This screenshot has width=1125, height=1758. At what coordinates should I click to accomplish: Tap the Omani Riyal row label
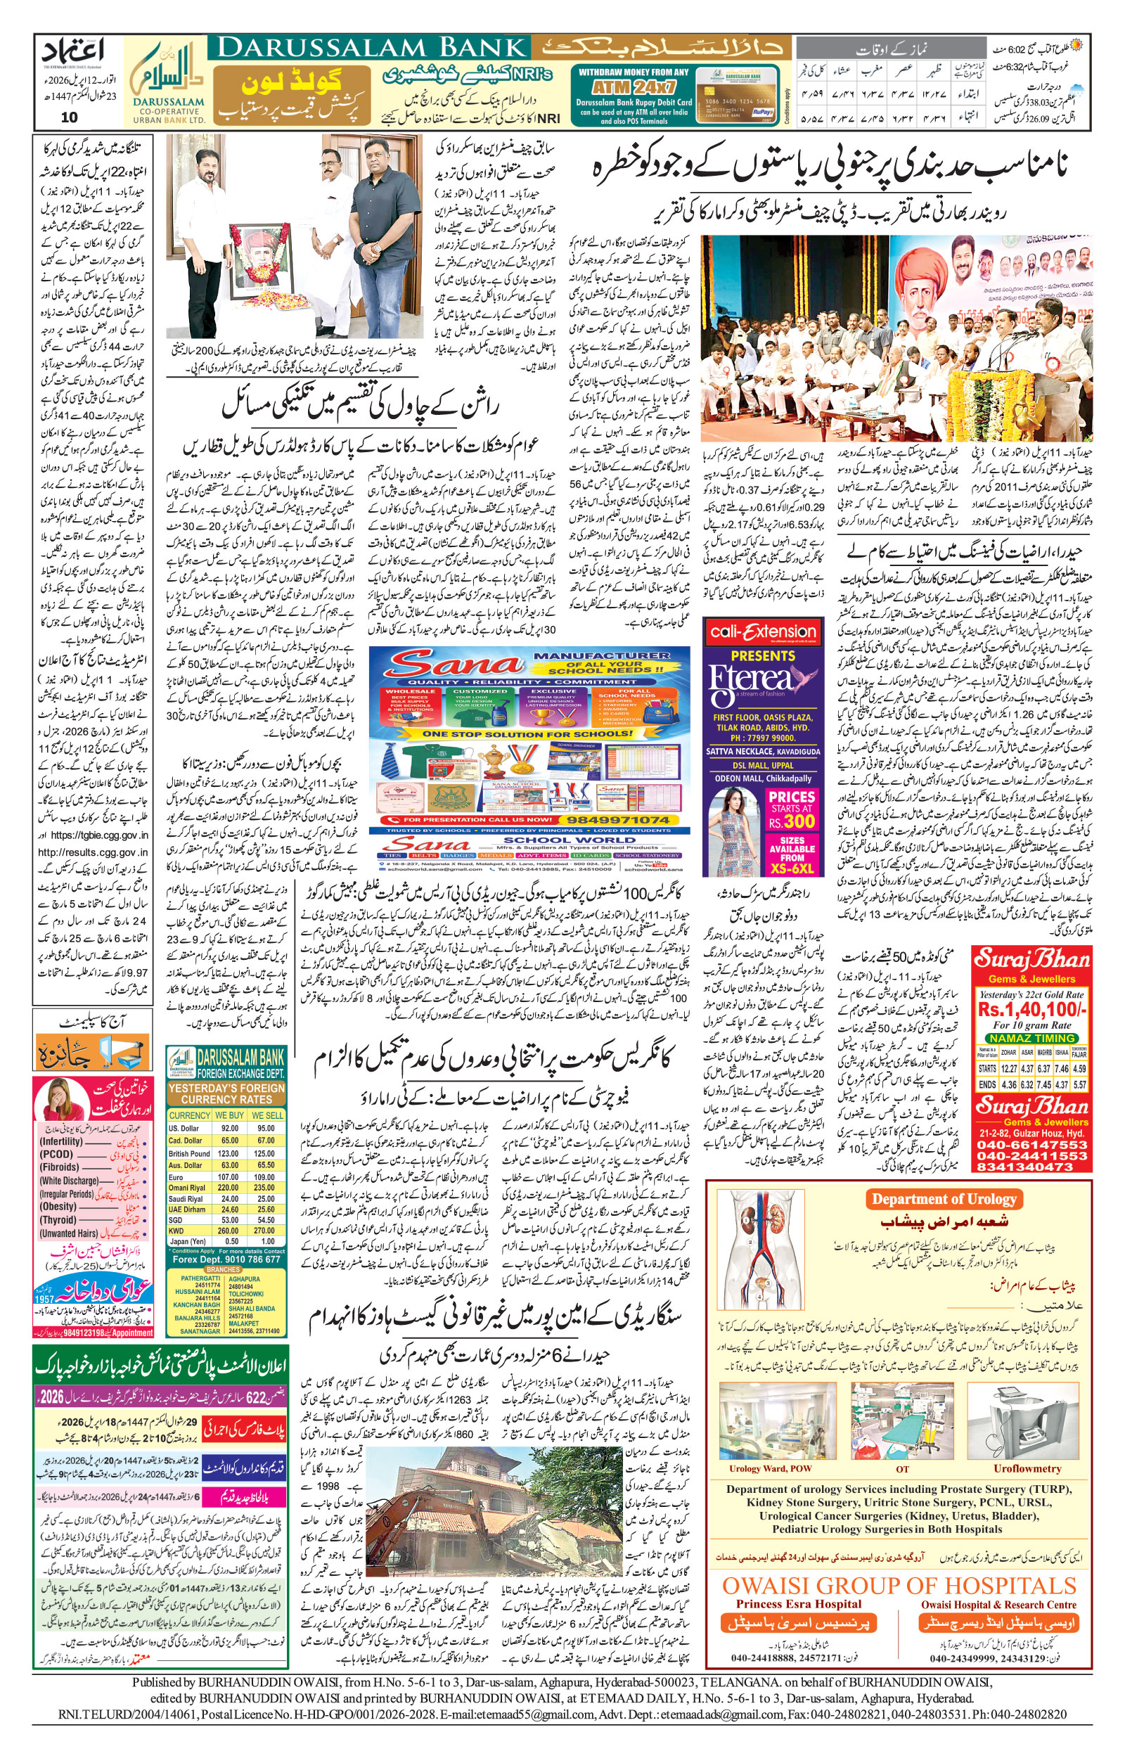point(186,1188)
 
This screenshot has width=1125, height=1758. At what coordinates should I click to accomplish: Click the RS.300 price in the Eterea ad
point(791,821)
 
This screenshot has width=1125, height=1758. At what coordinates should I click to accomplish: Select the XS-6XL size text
point(792,868)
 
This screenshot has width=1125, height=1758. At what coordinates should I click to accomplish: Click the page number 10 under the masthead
point(70,117)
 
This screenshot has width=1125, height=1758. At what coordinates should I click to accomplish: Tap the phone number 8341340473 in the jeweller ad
point(1032,1167)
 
